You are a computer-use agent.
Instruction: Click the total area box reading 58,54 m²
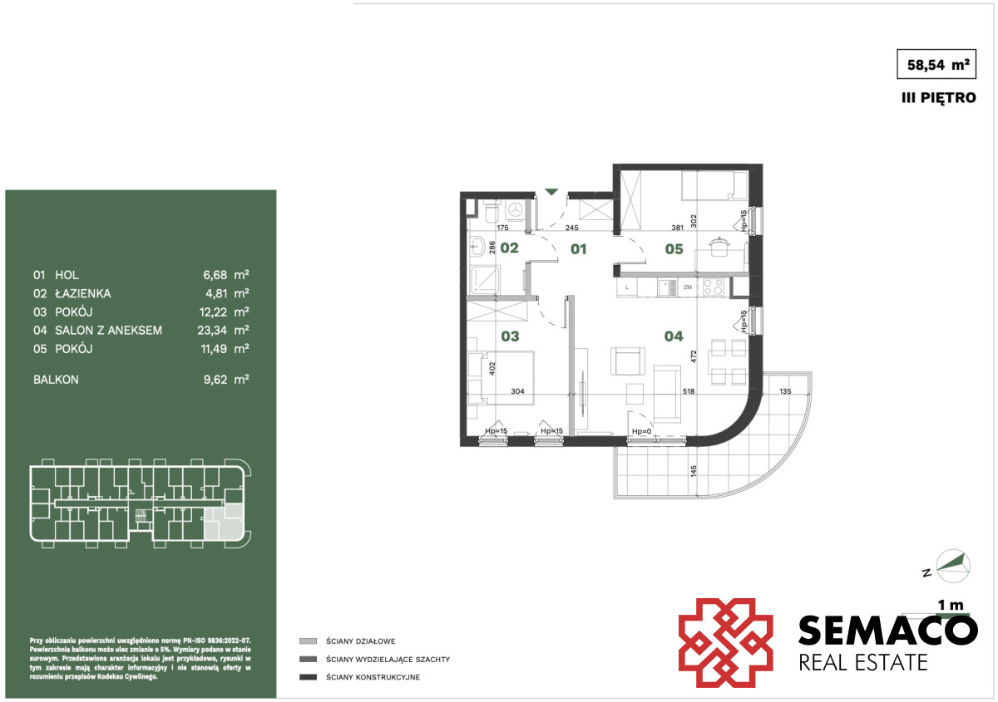936,64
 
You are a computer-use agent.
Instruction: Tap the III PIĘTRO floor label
939,97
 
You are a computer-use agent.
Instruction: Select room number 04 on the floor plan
674,336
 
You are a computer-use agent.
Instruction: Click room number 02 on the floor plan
509,248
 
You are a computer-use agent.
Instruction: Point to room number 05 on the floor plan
674,249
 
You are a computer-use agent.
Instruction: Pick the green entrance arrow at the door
551,192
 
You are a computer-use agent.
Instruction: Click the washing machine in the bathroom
516,209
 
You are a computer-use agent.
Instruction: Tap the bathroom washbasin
477,246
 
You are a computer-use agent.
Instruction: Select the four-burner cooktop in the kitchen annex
713,287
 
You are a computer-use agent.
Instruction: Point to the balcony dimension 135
785,391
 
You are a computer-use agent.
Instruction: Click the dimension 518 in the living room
689,391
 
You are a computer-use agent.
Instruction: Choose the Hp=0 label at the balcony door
641,431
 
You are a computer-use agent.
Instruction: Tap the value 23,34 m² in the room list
223,330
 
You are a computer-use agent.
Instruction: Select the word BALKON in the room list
57,380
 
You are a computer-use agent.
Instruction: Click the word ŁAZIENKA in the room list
83,293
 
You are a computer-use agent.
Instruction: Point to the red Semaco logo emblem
725,642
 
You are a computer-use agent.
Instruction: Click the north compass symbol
952,567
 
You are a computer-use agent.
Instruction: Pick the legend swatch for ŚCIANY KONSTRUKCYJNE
308,677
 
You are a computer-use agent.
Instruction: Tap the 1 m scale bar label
951,606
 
